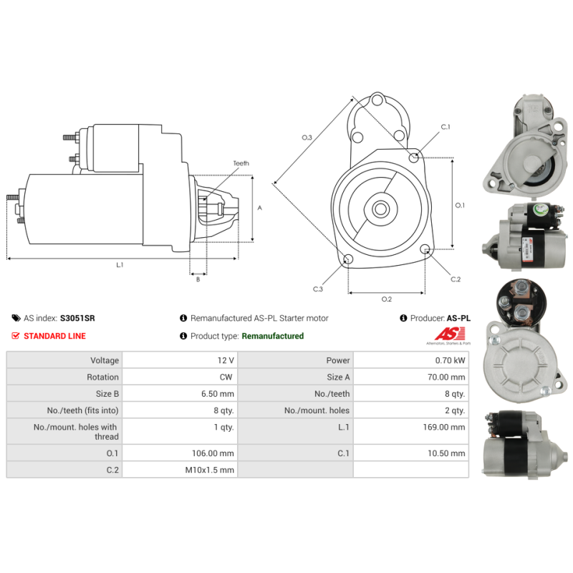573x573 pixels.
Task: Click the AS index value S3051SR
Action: (x=77, y=318)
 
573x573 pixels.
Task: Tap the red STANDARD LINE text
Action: (x=55, y=336)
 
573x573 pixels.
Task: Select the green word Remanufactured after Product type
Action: (x=273, y=336)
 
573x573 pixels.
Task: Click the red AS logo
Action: (x=450, y=334)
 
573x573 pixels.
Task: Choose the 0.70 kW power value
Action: (x=450, y=360)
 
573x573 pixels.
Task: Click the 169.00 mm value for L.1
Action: (x=444, y=427)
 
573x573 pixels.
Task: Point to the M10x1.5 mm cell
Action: (x=209, y=470)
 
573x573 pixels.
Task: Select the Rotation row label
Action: (x=102, y=377)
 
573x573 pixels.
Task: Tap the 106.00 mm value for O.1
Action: (x=213, y=453)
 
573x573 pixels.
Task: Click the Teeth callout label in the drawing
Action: (x=241, y=163)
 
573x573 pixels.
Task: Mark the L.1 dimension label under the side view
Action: (x=120, y=265)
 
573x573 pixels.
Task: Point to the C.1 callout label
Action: (x=446, y=127)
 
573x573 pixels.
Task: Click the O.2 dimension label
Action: (x=387, y=299)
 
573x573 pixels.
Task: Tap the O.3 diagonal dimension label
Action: (x=307, y=138)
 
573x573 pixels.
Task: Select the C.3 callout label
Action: (x=318, y=289)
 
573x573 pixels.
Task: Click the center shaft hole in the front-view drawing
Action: (x=380, y=209)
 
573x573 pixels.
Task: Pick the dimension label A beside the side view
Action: (x=260, y=208)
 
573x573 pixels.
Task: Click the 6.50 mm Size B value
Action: (x=218, y=394)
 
